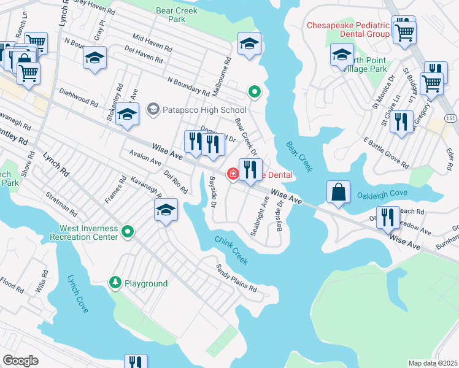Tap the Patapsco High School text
coord(196,110)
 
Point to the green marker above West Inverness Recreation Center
coord(128,231)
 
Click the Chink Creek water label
coord(231,251)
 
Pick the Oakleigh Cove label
coord(382,196)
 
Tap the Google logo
coord(20,361)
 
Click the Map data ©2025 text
coord(433,363)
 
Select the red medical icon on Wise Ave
coord(233,175)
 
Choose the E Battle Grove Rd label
coord(386,153)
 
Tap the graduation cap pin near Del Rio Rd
coord(166,210)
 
